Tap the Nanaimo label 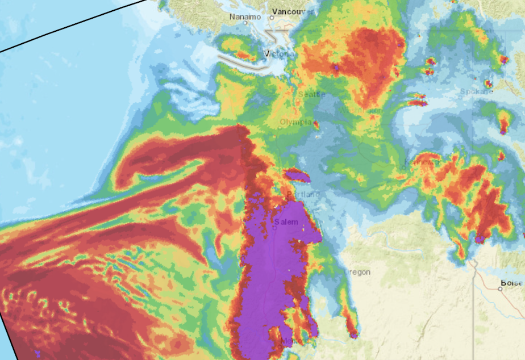[244, 16]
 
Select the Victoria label [277, 54]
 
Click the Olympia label [295, 122]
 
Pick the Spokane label [474, 91]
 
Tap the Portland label [303, 195]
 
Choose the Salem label [286, 221]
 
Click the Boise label [511, 283]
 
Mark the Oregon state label [358, 272]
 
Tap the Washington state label [361, 110]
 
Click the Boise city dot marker [501, 288]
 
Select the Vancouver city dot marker [272, 18]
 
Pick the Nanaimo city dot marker [246, 23]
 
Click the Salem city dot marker [274, 228]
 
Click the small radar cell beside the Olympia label [316, 125]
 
